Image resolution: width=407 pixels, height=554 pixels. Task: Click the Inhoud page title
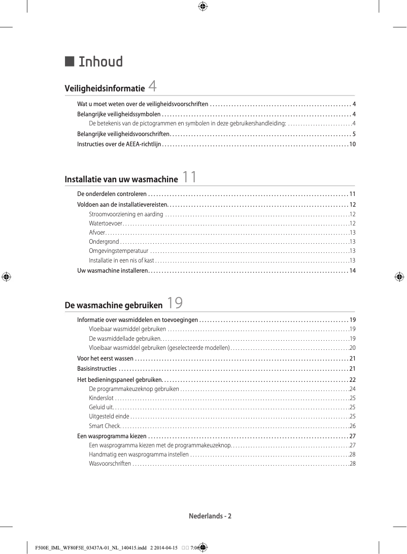coord(100,62)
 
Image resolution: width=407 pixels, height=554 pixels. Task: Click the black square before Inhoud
coord(70,61)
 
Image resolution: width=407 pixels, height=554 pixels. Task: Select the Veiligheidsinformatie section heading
coord(105,89)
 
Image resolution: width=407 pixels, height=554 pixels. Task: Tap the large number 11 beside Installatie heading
coord(189,177)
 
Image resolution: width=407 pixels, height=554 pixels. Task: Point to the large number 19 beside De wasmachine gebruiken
coord(175,303)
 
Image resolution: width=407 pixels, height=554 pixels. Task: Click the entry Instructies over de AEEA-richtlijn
coord(119,145)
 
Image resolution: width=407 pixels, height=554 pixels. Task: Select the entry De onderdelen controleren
coord(112,194)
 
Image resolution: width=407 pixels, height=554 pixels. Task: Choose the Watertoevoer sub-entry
coord(106,223)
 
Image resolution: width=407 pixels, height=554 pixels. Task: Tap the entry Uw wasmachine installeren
coord(112,271)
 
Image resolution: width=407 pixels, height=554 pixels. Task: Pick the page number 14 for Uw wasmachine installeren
coord(352,271)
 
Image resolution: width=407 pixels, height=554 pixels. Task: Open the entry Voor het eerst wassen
coord(105,359)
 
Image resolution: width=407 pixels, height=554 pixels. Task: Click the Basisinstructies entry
coord(96,369)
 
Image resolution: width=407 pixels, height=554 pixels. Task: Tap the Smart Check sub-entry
coord(104,426)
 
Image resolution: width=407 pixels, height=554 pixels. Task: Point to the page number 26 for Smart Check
coord(352,426)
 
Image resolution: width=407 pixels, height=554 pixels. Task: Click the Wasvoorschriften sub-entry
coord(110,464)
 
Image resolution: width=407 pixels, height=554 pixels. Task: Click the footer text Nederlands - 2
coord(210,516)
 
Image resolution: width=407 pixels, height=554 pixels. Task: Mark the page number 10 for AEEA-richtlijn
coord(352,145)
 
